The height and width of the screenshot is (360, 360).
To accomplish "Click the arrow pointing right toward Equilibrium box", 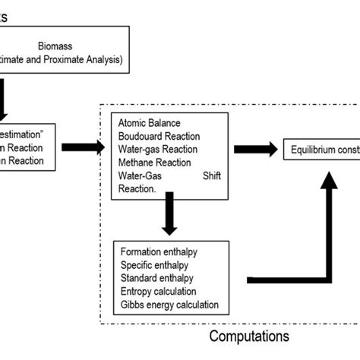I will (254, 148).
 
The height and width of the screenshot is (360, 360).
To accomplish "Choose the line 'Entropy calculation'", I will (158, 291).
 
